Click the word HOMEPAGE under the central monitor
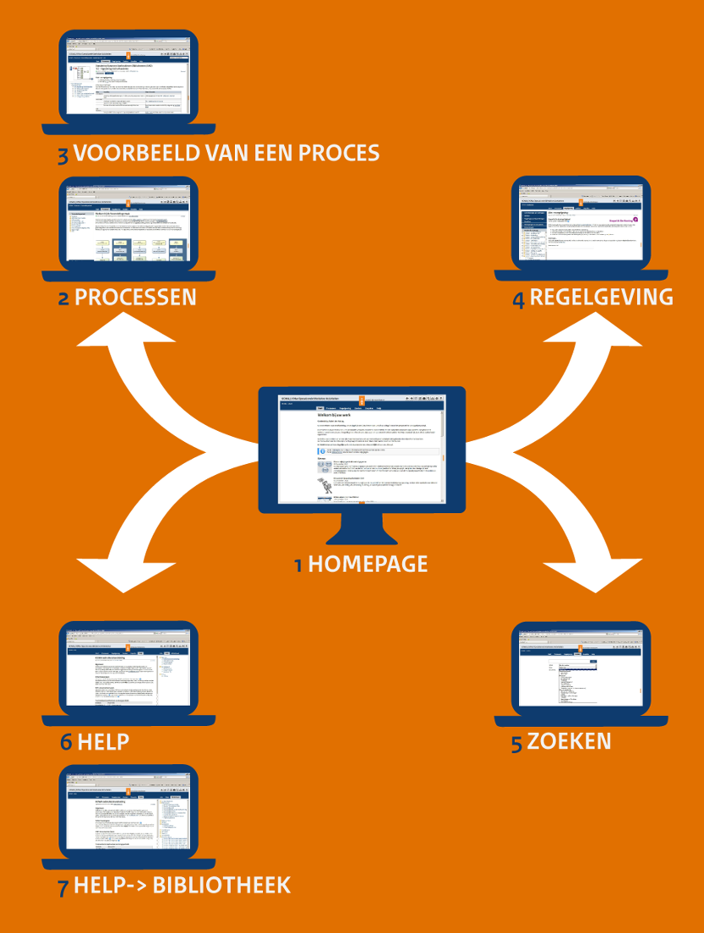367,564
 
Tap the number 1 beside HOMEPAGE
299,566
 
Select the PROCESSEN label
136,298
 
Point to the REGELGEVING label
601,297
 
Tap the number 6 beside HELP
66,742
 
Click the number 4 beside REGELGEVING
518,299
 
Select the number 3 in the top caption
64,155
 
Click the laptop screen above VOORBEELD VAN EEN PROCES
129,75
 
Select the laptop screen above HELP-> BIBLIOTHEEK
129,813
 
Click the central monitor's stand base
361,538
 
